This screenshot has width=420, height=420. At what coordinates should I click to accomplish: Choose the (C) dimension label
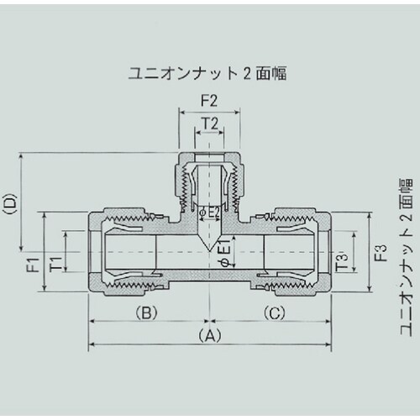(x=272, y=312)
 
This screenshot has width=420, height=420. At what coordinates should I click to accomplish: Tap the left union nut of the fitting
(x=118, y=252)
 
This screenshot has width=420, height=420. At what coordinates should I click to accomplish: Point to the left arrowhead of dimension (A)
(x=91, y=344)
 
